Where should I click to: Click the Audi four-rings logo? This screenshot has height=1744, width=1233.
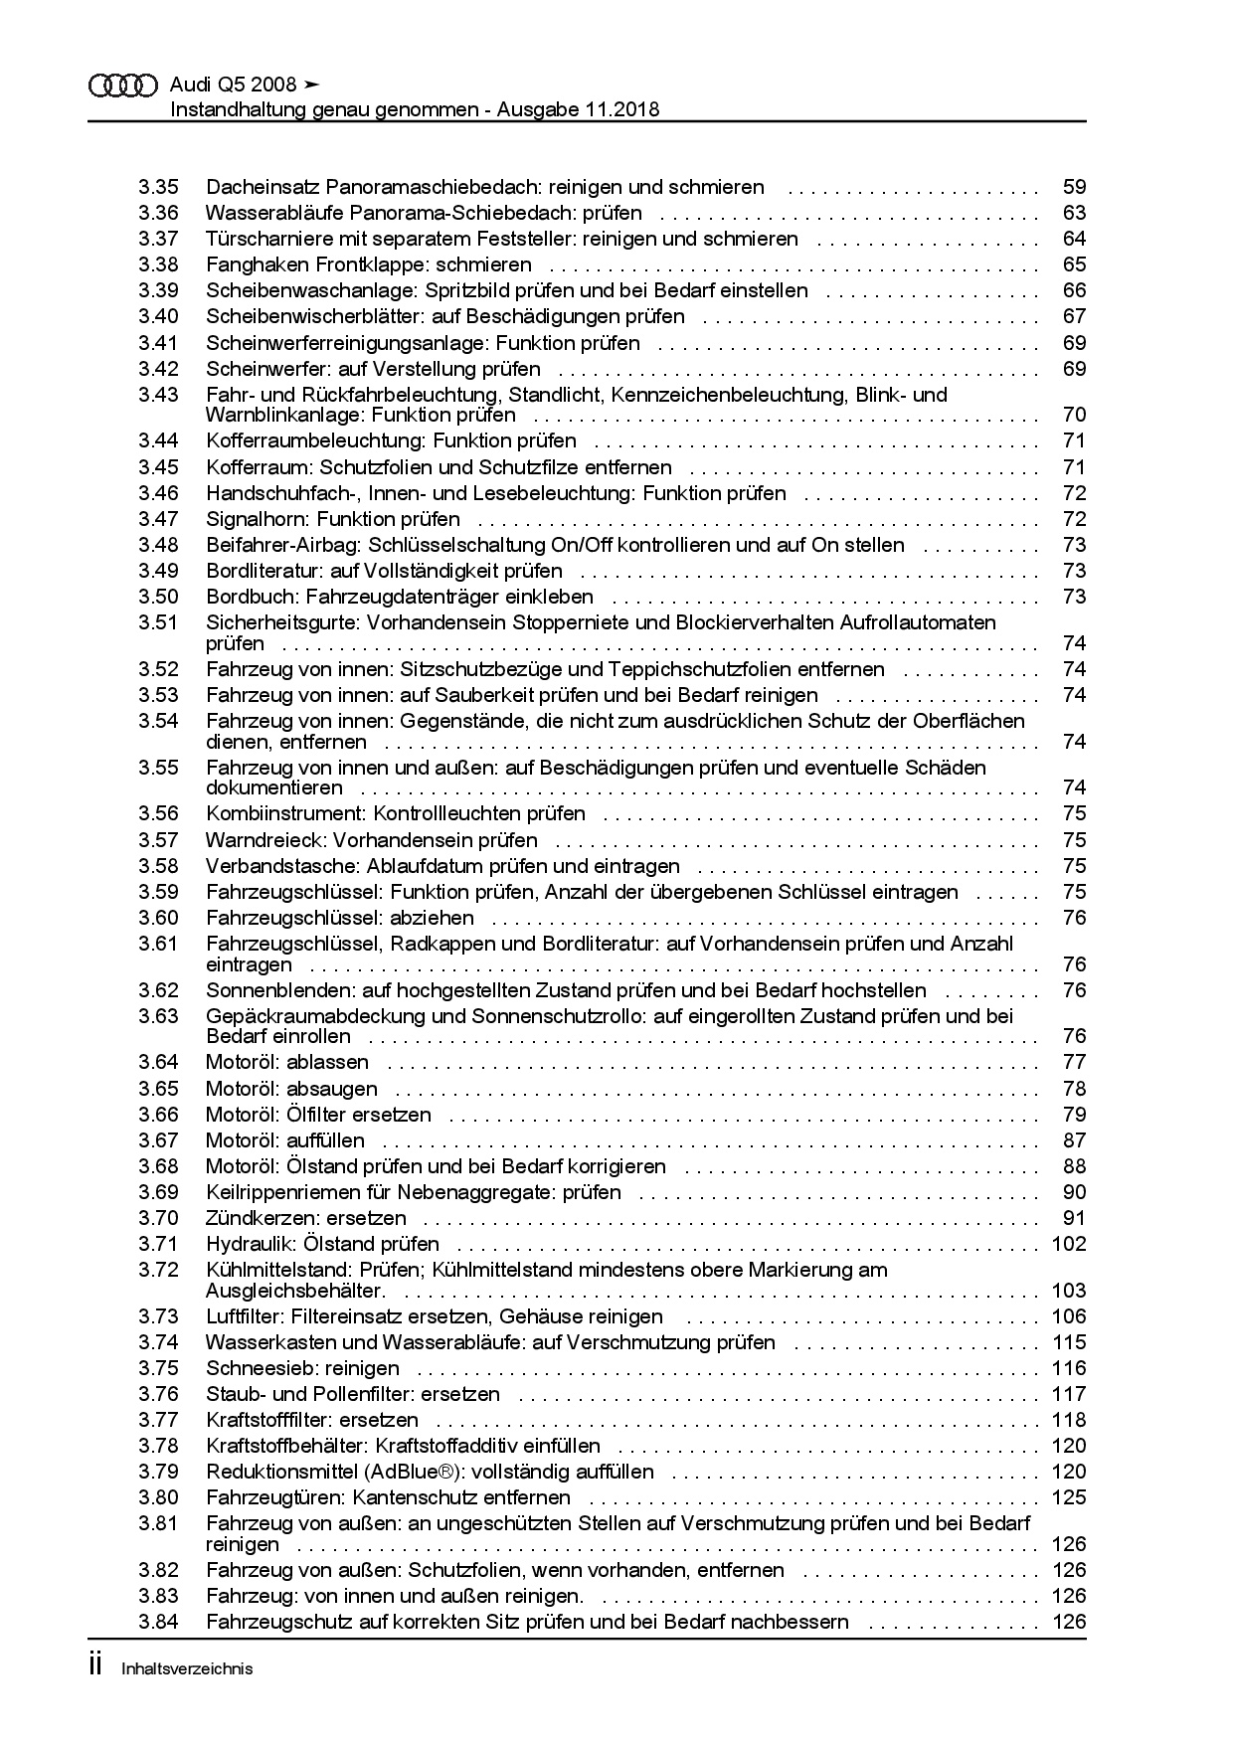pyautogui.click(x=123, y=87)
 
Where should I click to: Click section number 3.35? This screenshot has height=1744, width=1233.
pyautogui.click(x=158, y=187)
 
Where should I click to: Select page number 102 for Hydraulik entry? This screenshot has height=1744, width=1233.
pyautogui.click(x=1069, y=1244)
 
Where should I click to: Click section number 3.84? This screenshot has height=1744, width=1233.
pyautogui.click(x=158, y=1622)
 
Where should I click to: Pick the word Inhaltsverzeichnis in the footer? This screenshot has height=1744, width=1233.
pyautogui.click(x=187, y=1669)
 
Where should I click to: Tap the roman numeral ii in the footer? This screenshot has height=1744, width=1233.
pyautogui.click(x=95, y=1667)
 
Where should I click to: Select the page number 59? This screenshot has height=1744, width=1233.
pyautogui.click(x=1074, y=187)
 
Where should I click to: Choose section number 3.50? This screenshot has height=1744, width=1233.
pyautogui.click(x=158, y=597)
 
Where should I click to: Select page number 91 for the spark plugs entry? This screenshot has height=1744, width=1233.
pyautogui.click(x=1074, y=1218)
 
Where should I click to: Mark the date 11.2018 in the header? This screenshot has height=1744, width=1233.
pyautogui.click(x=620, y=109)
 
